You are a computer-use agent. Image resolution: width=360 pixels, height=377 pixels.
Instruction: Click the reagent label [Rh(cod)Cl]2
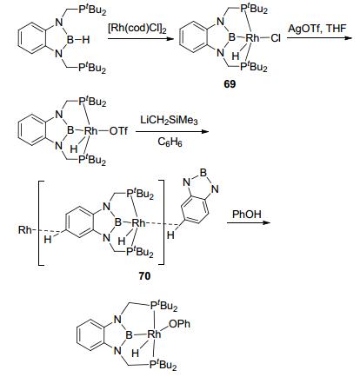pos(137,29)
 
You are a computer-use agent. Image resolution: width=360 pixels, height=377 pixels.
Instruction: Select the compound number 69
pos(230,84)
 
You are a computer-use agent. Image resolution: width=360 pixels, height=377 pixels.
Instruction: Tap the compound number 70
pos(144,275)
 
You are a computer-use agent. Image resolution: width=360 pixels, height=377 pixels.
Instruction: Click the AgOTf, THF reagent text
pos(317,30)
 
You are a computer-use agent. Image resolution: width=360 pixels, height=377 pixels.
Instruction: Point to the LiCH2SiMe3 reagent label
pos(169,120)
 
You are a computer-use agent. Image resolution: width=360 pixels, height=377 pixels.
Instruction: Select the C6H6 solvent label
pos(170,142)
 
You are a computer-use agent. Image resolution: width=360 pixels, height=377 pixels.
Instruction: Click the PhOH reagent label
pos(247,215)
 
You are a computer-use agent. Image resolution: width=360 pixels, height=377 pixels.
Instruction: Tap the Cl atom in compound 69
pos(275,38)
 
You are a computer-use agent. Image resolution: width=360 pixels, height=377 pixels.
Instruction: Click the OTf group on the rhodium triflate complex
pos(118,131)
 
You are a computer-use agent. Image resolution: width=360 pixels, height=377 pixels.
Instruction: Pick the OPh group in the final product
pos(179,323)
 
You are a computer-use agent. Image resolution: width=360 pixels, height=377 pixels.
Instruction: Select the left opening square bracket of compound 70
pos(41,222)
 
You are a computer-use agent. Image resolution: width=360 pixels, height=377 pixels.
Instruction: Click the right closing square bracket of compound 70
pos(162,222)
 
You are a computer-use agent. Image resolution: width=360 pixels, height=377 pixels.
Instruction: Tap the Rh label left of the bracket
pos(25,230)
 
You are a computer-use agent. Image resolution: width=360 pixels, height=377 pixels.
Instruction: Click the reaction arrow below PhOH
pos(249,222)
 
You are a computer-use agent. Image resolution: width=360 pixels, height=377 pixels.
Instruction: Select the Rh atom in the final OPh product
pos(154,334)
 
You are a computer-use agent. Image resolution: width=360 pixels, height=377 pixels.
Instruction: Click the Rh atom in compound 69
pos(252,37)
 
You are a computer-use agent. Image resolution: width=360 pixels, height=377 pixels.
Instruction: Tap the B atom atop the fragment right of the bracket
pos(203,173)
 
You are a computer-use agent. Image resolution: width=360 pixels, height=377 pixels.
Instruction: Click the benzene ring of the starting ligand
pos(32,40)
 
